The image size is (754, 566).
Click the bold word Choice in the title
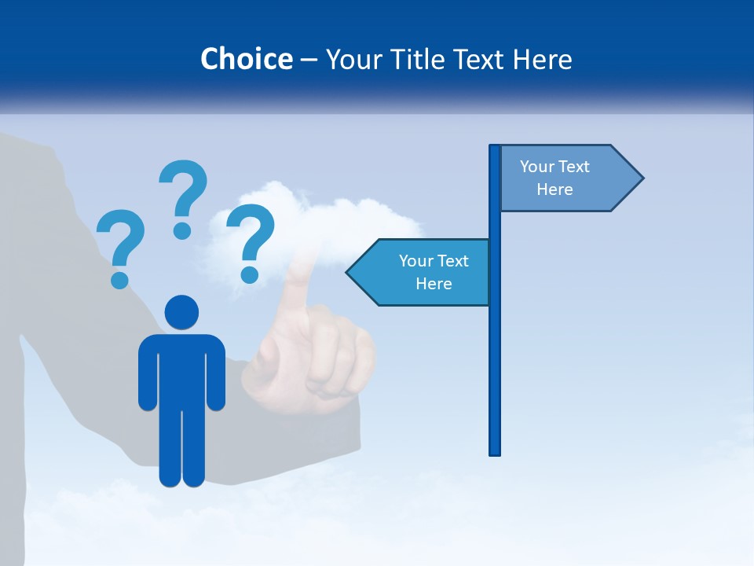click(x=246, y=60)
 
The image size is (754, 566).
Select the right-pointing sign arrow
click(x=565, y=178)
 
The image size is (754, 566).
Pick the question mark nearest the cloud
click(x=251, y=236)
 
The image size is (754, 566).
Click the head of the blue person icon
click(x=181, y=312)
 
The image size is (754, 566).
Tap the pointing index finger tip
click(x=299, y=271)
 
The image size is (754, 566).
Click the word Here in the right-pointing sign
click(x=555, y=189)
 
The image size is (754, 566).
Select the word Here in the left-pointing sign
click(x=434, y=284)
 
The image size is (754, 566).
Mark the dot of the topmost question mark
click(x=182, y=230)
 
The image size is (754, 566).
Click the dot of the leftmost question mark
click(x=119, y=279)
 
